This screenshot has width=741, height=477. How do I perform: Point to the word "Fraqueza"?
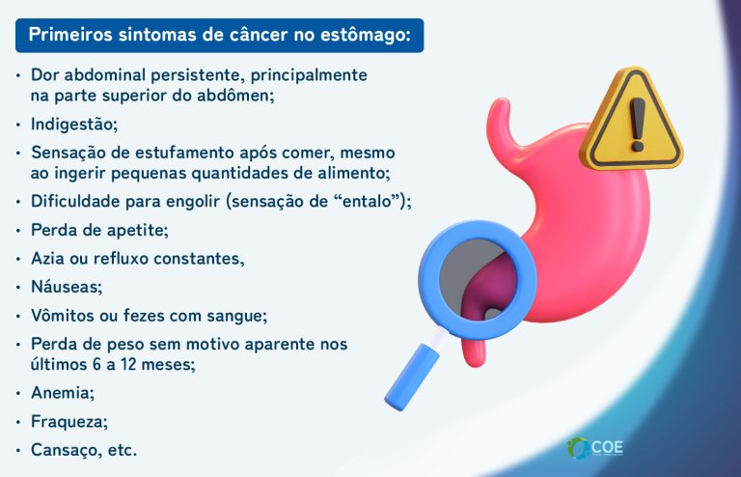pos(69,421)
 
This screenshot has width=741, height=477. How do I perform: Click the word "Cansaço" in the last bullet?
pos(66,450)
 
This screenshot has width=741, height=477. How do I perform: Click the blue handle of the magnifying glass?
pos(411,372)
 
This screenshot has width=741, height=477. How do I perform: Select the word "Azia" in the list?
pos(48,259)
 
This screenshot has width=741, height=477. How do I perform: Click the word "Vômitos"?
pos(64,315)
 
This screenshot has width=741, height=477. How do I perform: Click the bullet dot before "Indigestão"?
pos(18,125)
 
